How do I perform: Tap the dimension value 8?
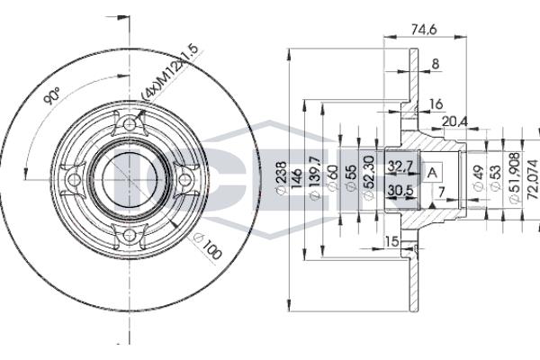436,63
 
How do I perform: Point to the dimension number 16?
436,105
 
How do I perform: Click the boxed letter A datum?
433,172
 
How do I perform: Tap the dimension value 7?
441,192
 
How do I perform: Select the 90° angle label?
52,96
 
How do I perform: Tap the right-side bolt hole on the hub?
185,179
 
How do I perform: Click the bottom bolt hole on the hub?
129,236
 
